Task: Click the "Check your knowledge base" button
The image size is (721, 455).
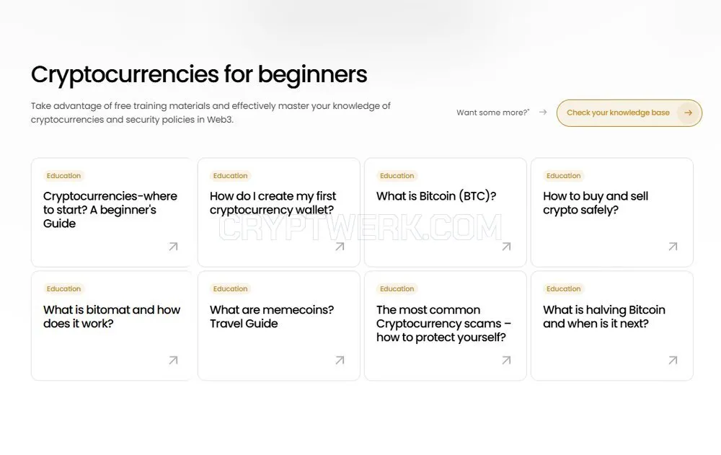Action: click(x=629, y=112)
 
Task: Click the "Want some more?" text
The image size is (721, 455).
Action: click(x=492, y=112)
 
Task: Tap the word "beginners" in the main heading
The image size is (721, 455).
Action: click(x=312, y=74)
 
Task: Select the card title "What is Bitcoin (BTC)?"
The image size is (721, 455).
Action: click(x=436, y=196)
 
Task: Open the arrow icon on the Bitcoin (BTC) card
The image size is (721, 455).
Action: click(x=506, y=247)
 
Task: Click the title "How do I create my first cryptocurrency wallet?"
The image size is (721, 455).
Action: click(x=273, y=203)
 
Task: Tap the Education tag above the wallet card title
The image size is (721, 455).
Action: click(x=231, y=176)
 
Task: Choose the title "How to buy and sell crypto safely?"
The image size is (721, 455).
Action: click(x=596, y=203)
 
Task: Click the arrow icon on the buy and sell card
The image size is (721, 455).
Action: click(x=673, y=247)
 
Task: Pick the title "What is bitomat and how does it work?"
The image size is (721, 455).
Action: click(x=112, y=317)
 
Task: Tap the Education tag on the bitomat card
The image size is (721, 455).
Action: click(x=64, y=289)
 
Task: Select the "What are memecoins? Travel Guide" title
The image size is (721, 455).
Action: click(x=272, y=317)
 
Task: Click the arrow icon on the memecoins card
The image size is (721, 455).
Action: click(x=340, y=361)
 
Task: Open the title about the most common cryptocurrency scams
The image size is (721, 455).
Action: click(x=443, y=324)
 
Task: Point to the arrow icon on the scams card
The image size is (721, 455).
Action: click(x=506, y=361)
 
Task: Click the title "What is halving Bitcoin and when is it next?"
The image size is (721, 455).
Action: click(x=604, y=317)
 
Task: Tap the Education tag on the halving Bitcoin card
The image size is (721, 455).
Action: click(x=564, y=289)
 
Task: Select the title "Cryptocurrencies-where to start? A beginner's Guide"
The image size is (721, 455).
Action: click(x=110, y=210)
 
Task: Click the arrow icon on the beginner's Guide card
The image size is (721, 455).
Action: click(x=173, y=247)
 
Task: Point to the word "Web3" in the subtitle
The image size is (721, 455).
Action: click(x=219, y=120)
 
